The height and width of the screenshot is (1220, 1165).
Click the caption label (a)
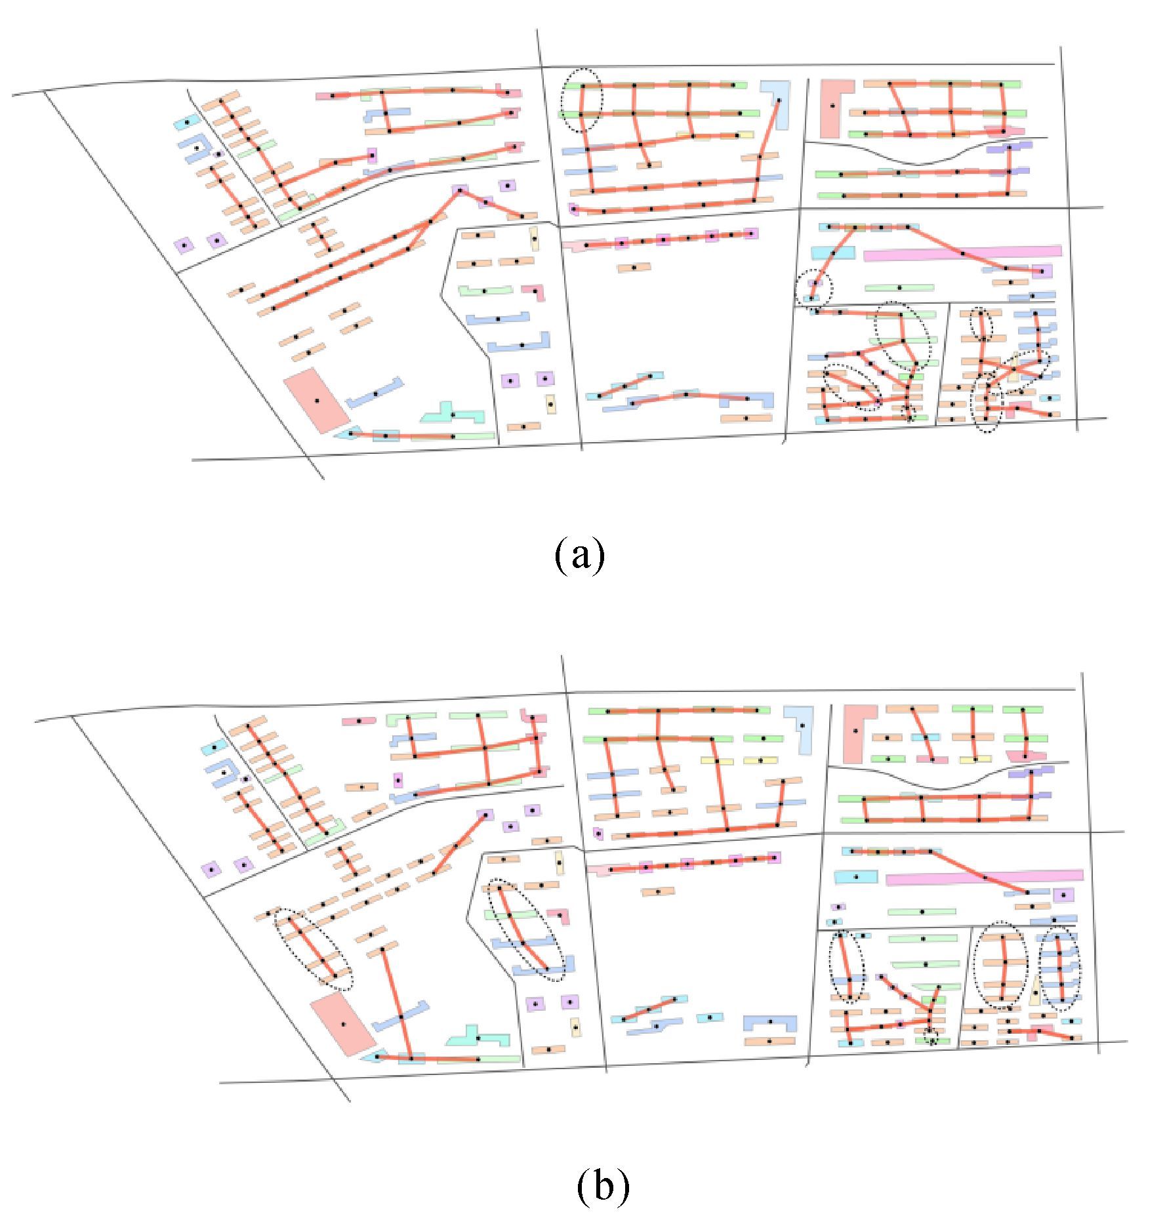(x=579, y=555)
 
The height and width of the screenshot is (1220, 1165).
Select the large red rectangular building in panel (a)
(x=317, y=399)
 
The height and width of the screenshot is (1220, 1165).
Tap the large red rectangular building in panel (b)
(x=342, y=1024)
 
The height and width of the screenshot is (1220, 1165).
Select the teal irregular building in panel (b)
(x=478, y=1038)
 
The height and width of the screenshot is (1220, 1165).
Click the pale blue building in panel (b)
(x=802, y=725)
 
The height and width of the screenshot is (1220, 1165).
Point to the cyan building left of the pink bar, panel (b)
(x=856, y=876)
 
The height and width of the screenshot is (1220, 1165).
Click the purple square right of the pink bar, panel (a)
(x=1042, y=270)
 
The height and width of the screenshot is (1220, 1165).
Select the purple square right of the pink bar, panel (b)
(x=1063, y=895)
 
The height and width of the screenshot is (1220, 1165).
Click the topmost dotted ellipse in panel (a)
(x=581, y=100)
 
